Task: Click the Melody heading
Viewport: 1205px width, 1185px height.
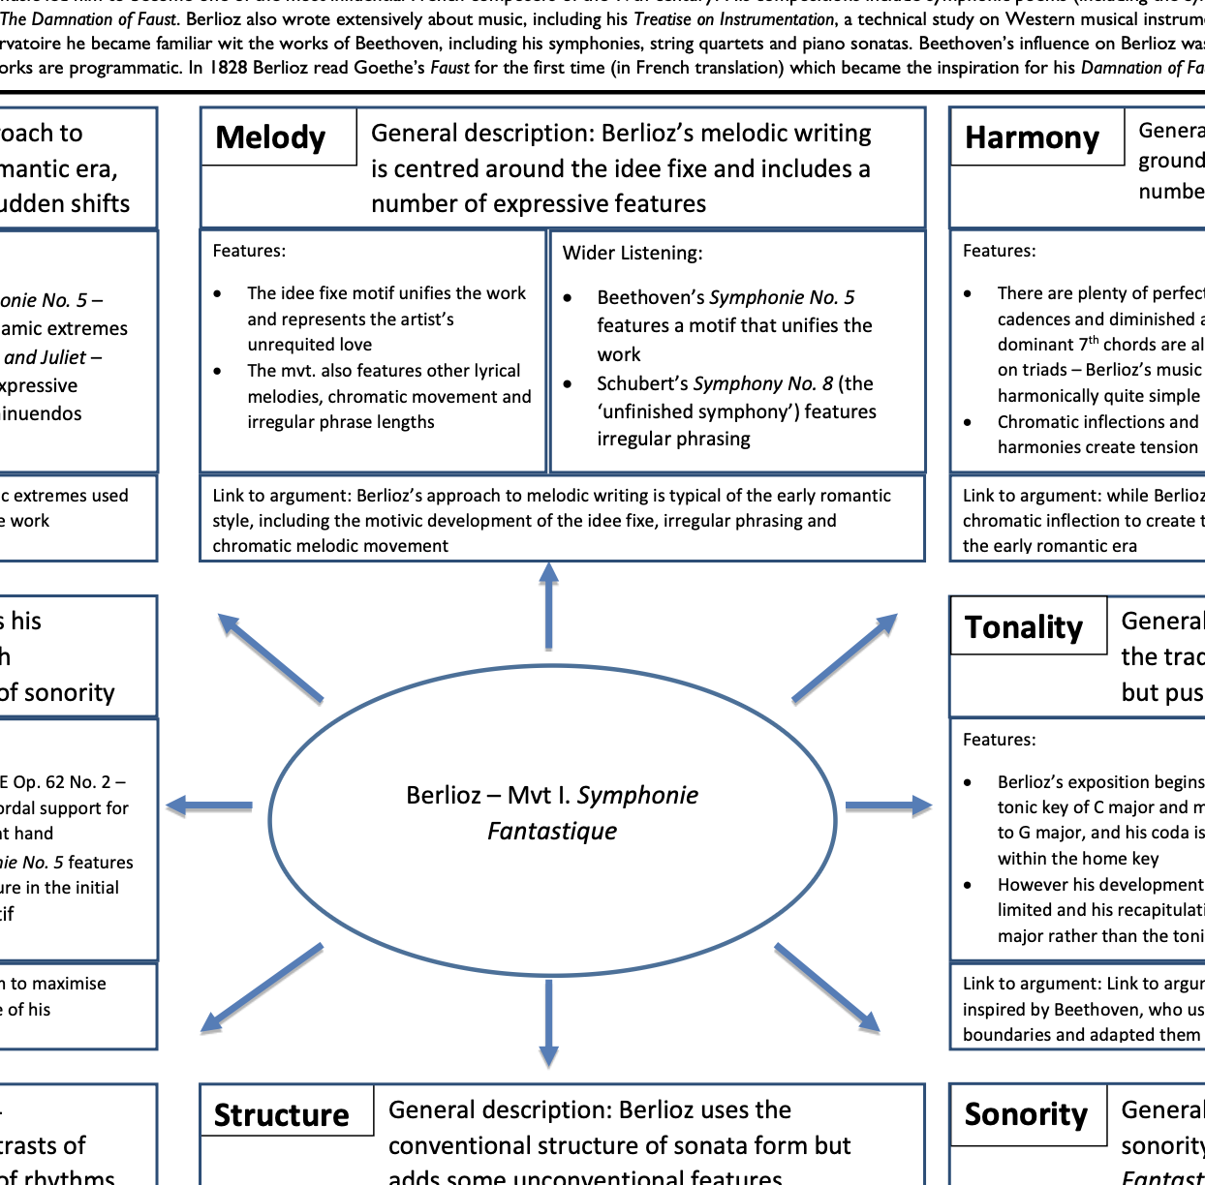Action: [x=270, y=137]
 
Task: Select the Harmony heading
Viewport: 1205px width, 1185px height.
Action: [x=1032, y=137]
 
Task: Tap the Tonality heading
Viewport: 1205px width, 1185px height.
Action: [x=1024, y=627]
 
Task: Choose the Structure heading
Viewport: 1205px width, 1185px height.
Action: [x=281, y=1114]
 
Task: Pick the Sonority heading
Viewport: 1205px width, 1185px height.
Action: [x=1026, y=1114]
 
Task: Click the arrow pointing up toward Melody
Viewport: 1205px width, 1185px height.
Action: [x=549, y=605]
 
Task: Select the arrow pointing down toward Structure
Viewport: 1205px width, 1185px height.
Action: [x=549, y=1021]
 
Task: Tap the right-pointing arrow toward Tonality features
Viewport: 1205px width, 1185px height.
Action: [x=887, y=805]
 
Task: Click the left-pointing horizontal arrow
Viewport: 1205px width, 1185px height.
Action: [x=209, y=805]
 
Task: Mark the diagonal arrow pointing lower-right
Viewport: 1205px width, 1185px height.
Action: [x=827, y=986]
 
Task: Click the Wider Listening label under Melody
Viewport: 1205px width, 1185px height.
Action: [x=633, y=253]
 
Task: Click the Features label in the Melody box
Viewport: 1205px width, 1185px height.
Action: [x=249, y=251]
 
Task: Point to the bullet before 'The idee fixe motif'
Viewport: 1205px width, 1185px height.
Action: [x=218, y=293]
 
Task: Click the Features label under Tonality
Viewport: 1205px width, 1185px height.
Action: [x=999, y=740]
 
